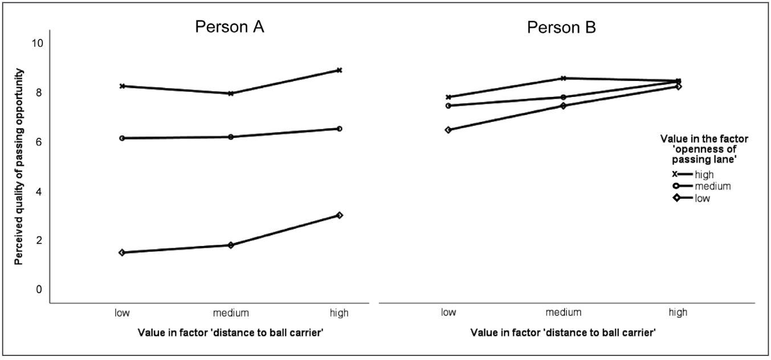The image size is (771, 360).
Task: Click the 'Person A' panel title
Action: click(230, 27)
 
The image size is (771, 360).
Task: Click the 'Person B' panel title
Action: click(561, 27)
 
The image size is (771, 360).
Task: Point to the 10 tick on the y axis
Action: click(38, 43)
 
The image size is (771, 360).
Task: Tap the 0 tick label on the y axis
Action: click(39, 289)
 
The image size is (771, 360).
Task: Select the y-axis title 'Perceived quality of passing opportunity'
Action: click(19, 166)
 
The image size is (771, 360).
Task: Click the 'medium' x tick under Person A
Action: click(230, 313)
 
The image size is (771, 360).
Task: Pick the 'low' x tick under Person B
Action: click(448, 313)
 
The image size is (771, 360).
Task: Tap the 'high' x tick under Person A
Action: click(340, 313)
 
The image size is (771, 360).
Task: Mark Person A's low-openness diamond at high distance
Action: click(340, 215)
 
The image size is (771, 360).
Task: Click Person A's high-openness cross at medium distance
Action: click(231, 93)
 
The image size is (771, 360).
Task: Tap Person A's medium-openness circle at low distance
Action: click(122, 138)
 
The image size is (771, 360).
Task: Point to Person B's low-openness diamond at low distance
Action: click(448, 130)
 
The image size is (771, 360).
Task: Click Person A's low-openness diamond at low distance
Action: click(122, 252)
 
